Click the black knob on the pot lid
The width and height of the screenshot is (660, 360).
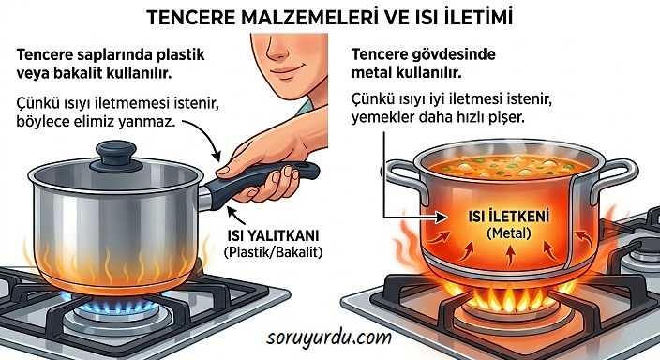(116, 156)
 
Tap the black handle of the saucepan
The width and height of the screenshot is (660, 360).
(261, 182)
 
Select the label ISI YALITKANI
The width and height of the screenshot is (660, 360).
(273, 235)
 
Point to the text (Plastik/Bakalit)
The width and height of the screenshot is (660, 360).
(273, 252)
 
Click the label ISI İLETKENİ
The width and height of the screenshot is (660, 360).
(509, 217)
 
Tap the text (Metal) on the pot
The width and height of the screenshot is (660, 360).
(509, 232)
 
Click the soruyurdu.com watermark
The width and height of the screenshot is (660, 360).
(329, 338)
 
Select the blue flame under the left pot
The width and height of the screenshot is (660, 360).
(115, 304)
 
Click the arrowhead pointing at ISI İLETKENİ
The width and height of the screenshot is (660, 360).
(441, 217)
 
